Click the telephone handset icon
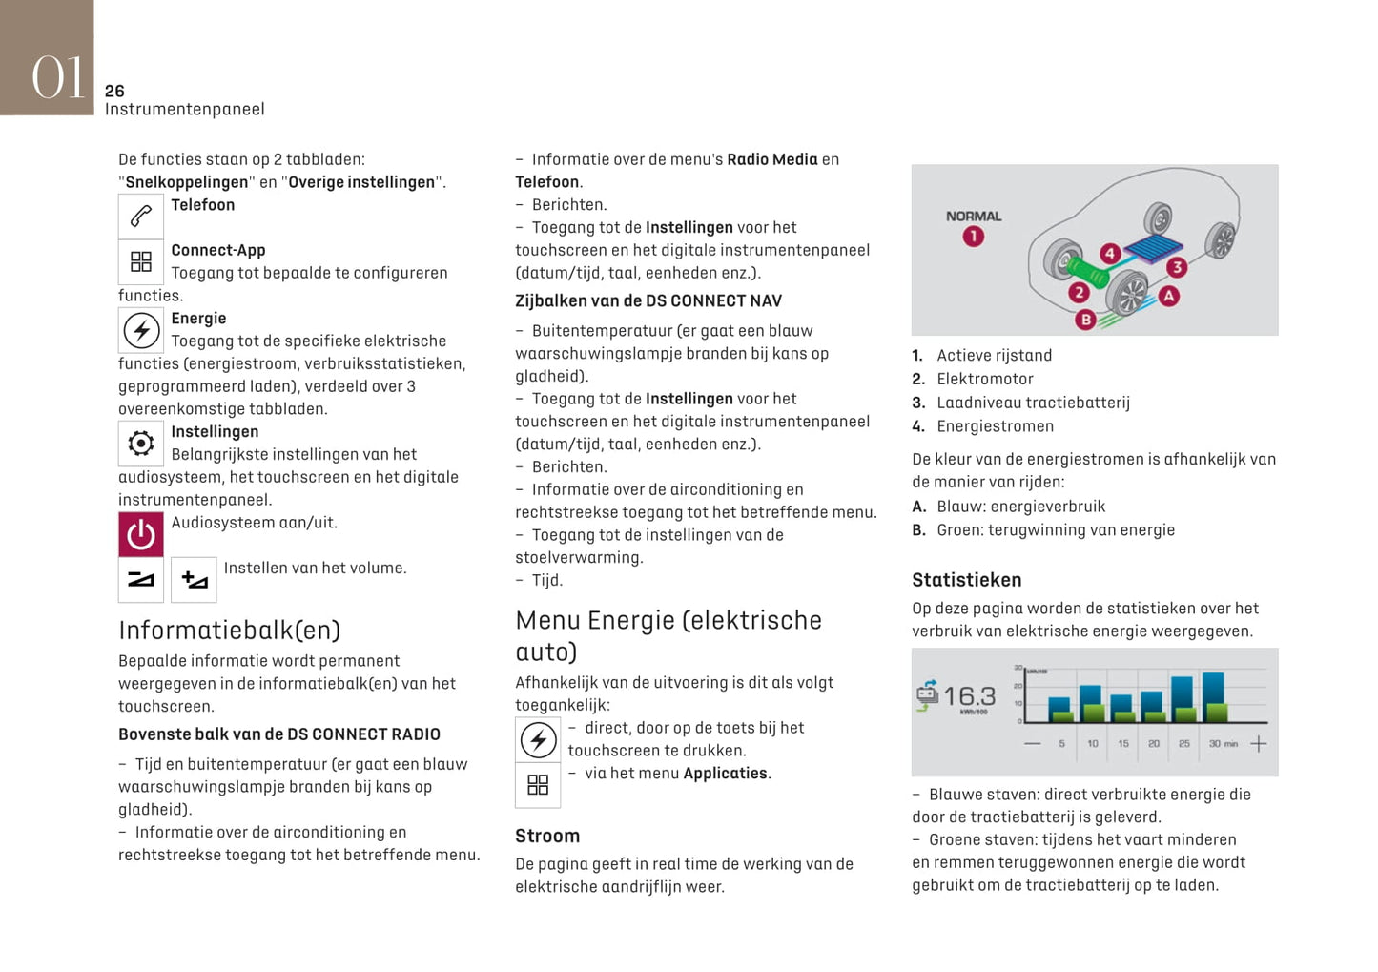141,217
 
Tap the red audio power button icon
141,534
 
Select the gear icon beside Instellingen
141,444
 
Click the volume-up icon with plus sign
194,579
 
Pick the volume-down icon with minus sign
141,579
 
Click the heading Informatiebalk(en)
229,630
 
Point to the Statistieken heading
966,580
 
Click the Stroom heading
547,836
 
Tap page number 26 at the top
114,91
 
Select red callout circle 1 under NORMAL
973,237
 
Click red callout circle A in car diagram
1169,296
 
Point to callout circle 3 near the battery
1177,267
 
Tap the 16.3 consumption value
969,695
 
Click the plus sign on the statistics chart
1259,743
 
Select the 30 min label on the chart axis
1223,743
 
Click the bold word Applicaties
725,773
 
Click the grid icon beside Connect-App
141,261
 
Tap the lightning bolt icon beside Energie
141,331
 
